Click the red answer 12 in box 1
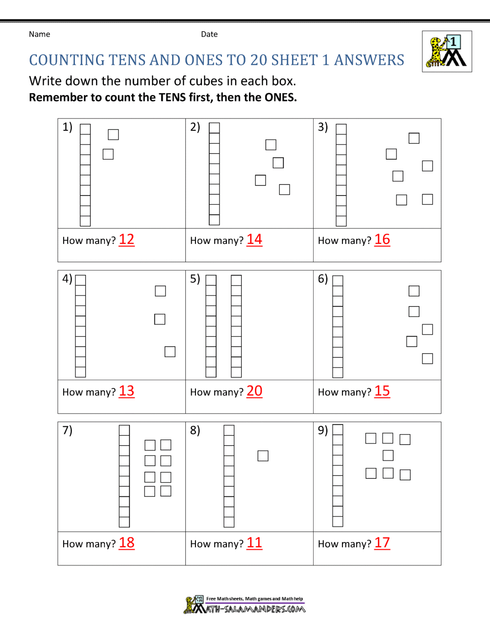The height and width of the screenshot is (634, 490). click(x=126, y=240)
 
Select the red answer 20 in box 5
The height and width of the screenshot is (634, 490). click(x=254, y=391)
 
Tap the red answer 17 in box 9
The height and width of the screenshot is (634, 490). click(x=382, y=543)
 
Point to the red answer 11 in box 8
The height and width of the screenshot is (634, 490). click(x=254, y=543)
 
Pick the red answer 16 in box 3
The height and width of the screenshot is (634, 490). click(x=382, y=240)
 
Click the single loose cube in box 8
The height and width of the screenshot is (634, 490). click(x=263, y=456)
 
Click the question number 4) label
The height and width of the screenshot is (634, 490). click(x=67, y=279)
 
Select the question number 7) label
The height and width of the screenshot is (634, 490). click(x=67, y=430)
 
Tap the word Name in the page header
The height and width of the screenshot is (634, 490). click(x=39, y=34)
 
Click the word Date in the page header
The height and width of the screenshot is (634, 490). click(x=209, y=34)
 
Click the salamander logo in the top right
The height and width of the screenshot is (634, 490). click(x=447, y=51)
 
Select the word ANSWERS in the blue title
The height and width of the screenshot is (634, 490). click(x=369, y=60)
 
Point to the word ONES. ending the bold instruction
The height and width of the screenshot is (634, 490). click(x=280, y=98)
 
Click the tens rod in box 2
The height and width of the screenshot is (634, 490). click(x=214, y=174)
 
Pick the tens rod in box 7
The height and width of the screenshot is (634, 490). click(x=124, y=476)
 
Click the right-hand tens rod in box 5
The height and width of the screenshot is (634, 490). click(x=236, y=326)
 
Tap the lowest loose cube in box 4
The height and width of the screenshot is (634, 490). click(x=170, y=352)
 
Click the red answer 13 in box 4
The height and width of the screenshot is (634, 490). click(x=126, y=391)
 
